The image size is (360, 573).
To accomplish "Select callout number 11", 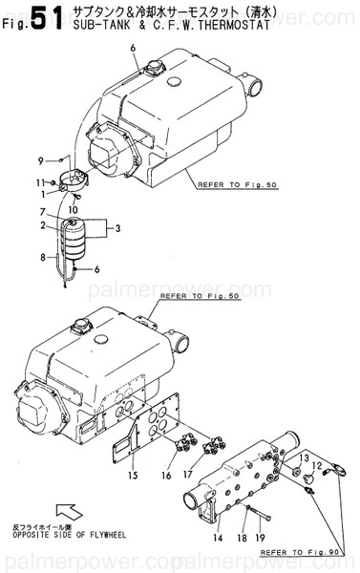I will [41, 181].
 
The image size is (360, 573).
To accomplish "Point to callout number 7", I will [42, 211].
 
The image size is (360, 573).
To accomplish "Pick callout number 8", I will [42, 257].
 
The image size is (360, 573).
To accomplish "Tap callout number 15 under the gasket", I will [133, 476].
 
